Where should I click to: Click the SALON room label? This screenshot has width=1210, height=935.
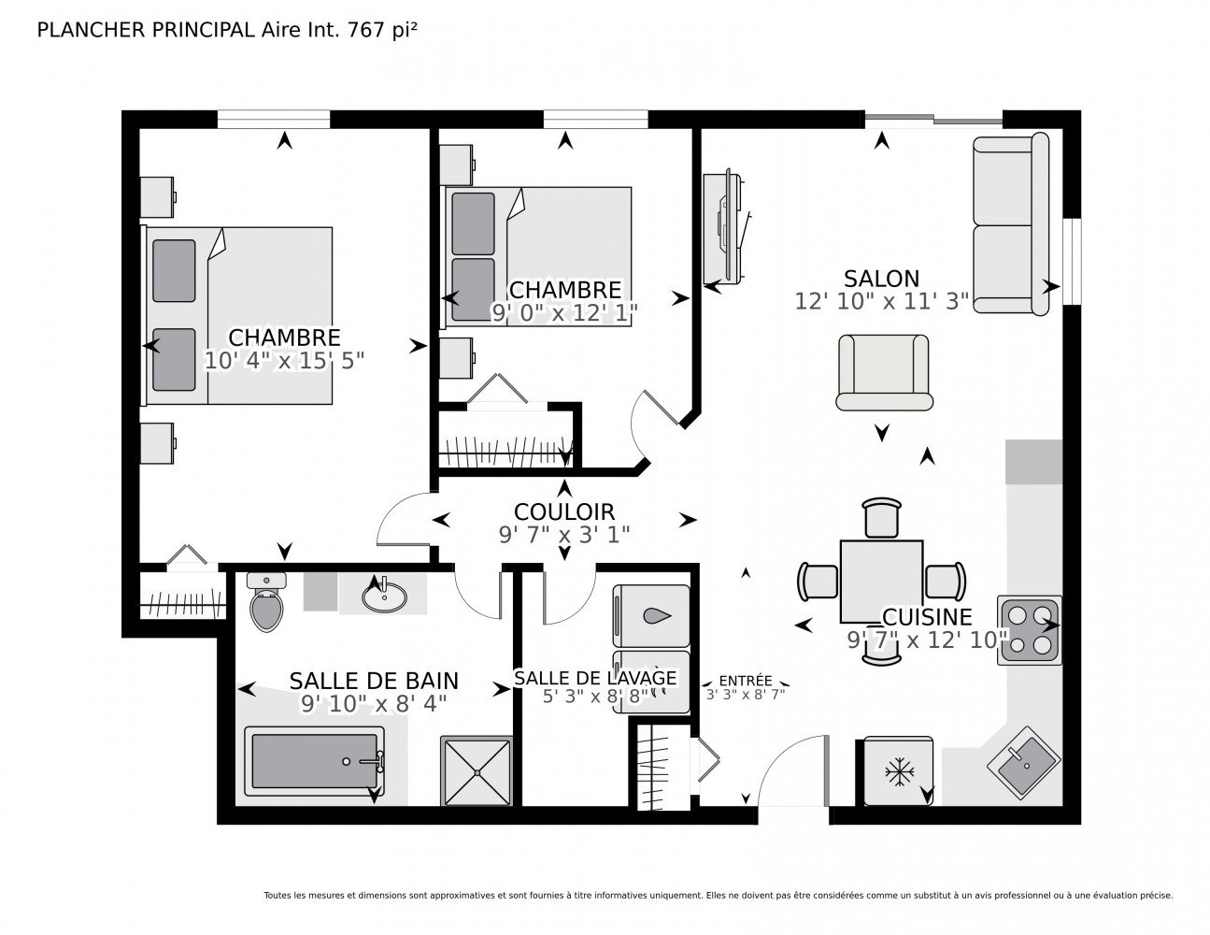[x=881, y=278]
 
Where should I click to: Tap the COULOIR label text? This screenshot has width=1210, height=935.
[x=563, y=511]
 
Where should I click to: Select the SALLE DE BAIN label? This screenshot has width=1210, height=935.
[x=374, y=681]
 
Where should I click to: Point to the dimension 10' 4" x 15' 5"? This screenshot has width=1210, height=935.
[x=284, y=361]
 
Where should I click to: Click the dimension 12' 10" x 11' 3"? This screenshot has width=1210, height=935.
[x=881, y=301]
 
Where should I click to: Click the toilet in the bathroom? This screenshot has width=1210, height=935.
[x=266, y=602]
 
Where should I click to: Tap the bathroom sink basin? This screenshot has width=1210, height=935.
[x=384, y=597]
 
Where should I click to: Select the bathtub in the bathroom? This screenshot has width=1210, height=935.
[x=315, y=762]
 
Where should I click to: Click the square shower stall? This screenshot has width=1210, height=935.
[x=477, y=771]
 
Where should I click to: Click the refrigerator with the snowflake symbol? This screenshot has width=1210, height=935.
[x=898, y=771]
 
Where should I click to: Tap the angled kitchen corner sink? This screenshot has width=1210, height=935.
[x=1023, y=763]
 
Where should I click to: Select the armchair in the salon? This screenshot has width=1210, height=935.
[x=884, y=372]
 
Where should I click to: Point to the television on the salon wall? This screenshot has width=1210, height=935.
[x=726, y=229]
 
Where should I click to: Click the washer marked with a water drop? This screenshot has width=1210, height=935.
[x=651, y=615]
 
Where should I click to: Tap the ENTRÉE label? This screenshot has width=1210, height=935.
[x=745, y=681]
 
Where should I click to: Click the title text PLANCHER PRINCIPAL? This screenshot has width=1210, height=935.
[x=146, y=30]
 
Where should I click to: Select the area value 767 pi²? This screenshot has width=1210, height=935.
[x=382, y=30]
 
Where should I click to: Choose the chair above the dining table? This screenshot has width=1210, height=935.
[x=881, y=517]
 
